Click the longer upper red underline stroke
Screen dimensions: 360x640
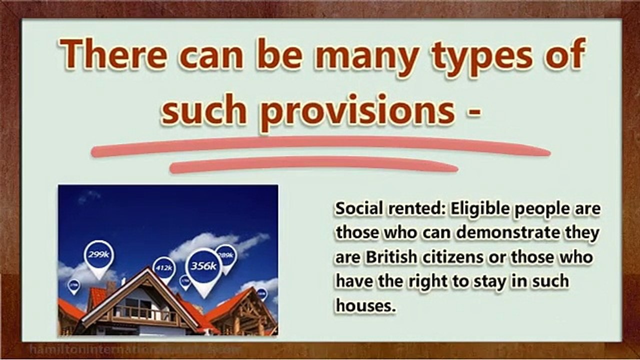[x=320, y=147]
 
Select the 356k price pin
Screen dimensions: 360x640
[x=203, y=267]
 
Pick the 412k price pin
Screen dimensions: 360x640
[x=164, y=268]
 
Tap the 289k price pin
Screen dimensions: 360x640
[x=226, y=256]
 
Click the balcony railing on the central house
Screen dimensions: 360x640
[x=145, y=313]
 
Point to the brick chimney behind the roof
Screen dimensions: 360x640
[x=111, y=288]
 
